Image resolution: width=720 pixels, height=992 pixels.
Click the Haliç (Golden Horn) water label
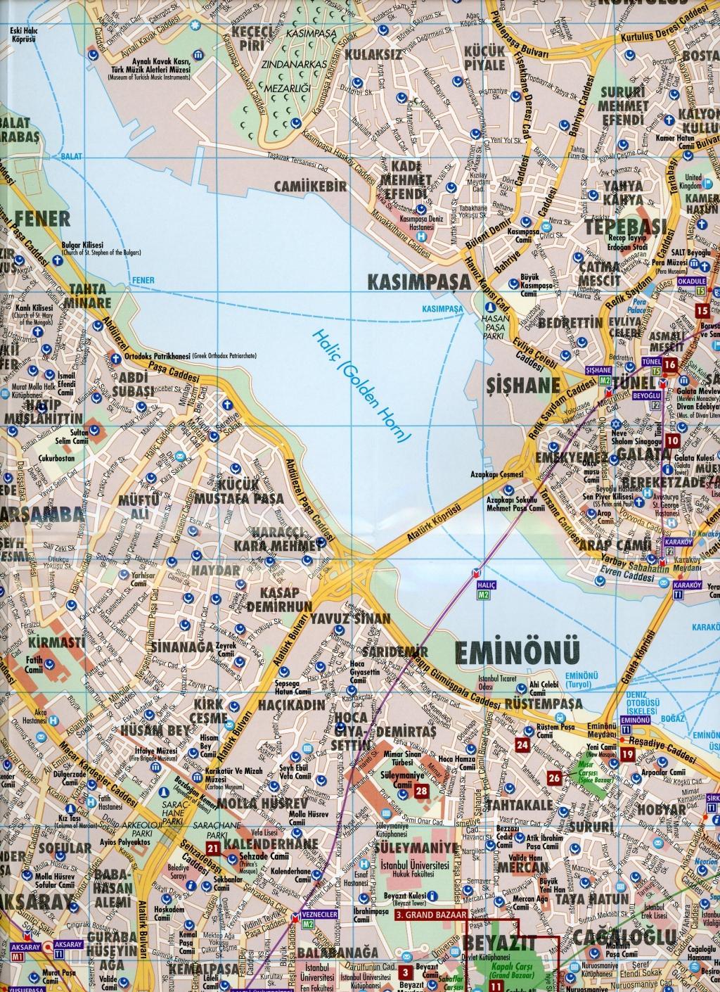point(362,386)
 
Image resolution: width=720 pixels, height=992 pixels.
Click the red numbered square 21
point(213,849)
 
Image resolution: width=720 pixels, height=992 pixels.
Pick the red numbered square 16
point(669,364)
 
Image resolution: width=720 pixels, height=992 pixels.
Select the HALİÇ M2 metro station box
point(482,590)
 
